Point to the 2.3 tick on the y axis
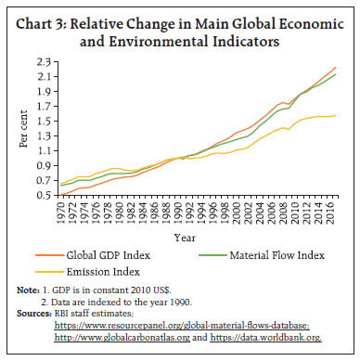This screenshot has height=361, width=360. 44,61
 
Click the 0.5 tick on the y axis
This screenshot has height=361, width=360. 44,196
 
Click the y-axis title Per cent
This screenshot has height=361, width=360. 23,128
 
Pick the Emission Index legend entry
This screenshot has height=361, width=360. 104,272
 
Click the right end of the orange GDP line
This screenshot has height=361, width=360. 336,67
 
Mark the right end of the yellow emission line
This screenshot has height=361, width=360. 336,115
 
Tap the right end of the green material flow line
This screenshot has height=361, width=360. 336,74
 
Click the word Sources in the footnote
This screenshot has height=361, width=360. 33,315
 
